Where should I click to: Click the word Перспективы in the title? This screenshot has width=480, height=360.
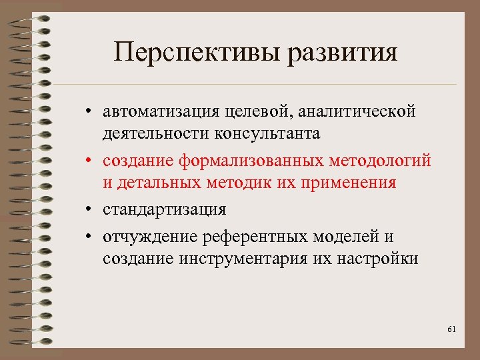coord(195,53)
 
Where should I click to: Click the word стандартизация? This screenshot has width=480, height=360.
coord(164,209)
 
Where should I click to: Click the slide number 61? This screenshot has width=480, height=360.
coord(451,329)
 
